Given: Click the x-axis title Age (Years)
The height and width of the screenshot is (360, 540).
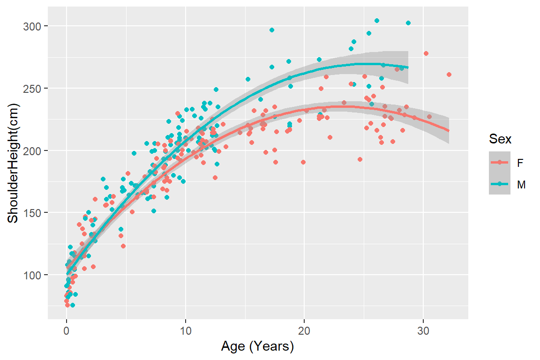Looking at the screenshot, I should tap(257, 347).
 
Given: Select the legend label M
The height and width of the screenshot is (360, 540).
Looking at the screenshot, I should tap(520, 185).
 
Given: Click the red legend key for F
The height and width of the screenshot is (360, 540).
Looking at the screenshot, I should tap(500, 163).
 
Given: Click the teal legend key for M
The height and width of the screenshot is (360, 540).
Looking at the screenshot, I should tap(500, 185).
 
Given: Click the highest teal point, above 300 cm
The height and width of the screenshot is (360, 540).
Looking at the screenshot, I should tap(377, 21).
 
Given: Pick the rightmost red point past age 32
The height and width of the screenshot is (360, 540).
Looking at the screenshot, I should tap(449, 75).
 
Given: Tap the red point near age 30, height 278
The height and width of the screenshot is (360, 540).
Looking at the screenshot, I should tap(426, 53).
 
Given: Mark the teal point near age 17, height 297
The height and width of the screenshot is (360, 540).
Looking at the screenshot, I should tap(272, 30).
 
